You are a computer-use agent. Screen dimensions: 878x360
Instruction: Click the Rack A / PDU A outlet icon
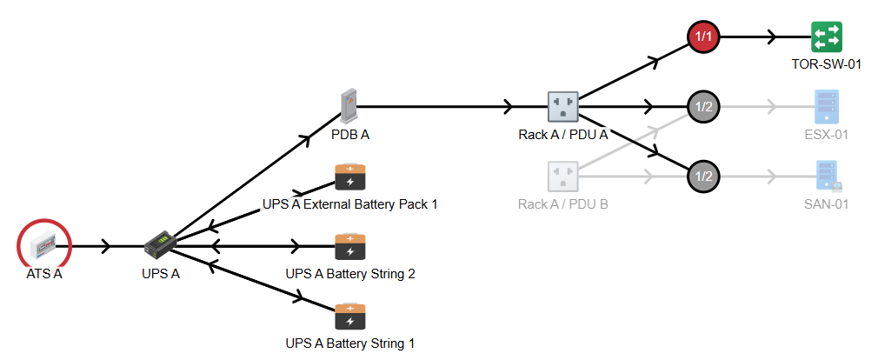click(x=562, y=106)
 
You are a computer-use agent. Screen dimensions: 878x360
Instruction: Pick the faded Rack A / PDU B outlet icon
click(x=562, y=176)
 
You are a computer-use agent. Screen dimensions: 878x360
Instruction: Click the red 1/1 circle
click(x=702, y=37)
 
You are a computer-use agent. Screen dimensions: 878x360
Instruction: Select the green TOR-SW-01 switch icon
click(x=827, y=37)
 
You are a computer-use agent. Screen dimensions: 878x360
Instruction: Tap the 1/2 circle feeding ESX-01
click(x=702, y=106)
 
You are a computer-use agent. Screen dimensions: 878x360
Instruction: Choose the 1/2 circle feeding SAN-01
click(x=702, y=176)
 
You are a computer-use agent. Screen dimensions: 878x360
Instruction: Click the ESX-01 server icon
click(x=827, y=106)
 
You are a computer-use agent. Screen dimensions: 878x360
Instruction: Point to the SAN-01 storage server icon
click(x=828, y=176)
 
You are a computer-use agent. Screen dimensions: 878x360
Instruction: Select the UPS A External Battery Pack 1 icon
click(x=350, y=176)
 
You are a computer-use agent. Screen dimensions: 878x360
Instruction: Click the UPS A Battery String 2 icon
click(x=350, y=246)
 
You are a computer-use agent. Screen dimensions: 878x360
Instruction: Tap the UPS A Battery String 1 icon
click(x=350, y=316)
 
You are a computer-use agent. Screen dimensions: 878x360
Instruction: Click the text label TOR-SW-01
click(x=827, y=64)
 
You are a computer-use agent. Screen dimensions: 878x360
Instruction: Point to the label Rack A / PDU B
click(x=562, y=204)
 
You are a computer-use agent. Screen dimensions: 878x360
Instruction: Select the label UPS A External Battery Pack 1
click(x=350, y=204)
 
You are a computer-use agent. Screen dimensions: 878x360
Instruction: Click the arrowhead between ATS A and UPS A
click(x=105, y=246)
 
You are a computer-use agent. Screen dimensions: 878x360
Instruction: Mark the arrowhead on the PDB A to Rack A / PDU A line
click(x=509, y=106)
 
